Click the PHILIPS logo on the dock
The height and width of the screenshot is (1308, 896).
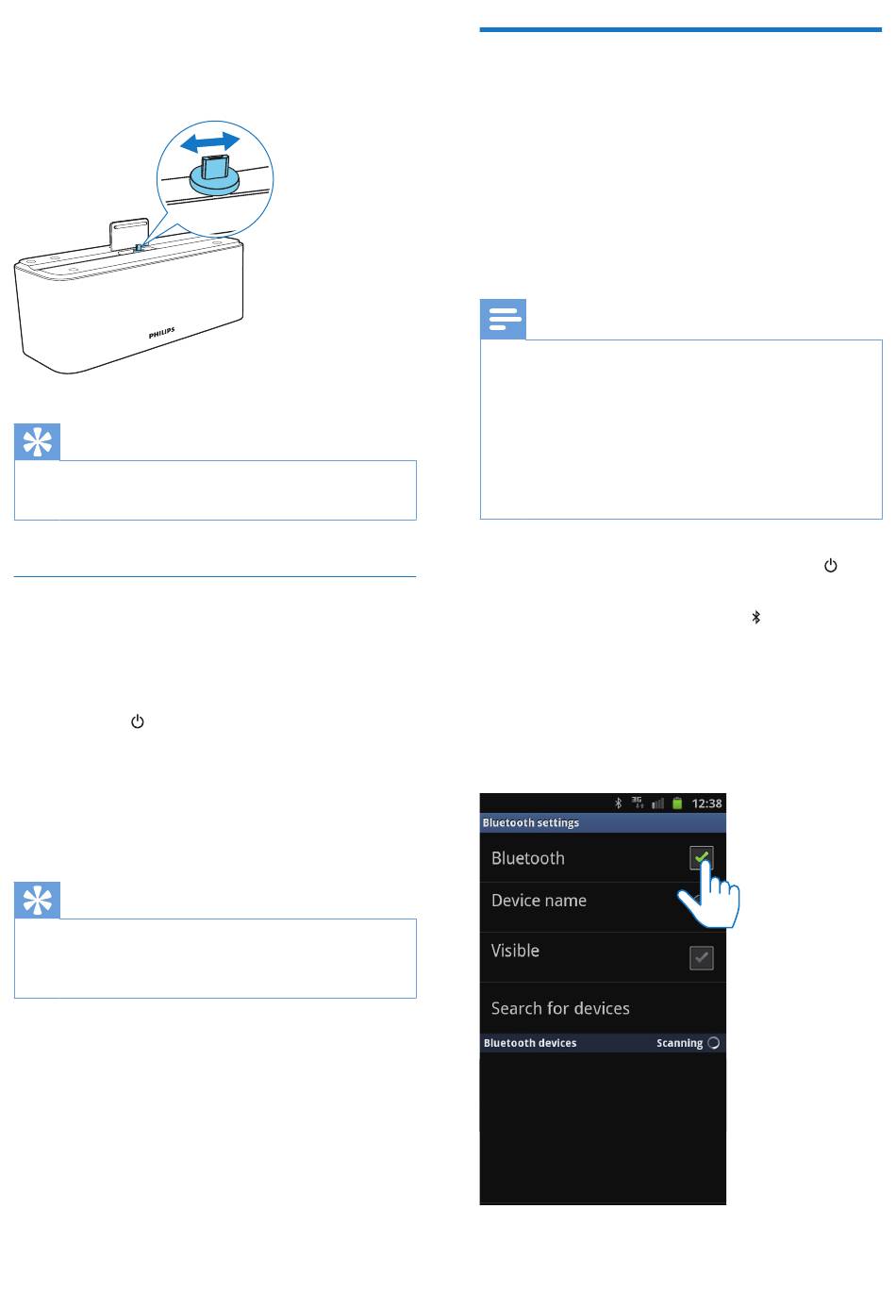pos(162,333)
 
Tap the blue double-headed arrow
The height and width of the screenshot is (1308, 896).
pos(209,141)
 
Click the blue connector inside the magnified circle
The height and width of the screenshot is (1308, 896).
pos(214,174)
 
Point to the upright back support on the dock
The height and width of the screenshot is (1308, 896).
pos(128,235)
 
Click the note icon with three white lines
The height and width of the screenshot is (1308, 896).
pos(503,319)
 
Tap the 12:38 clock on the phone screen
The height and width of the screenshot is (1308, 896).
pos(706,803)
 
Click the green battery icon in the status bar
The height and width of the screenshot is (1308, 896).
pos(677,803)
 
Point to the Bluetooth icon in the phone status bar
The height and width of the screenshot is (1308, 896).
pos(619,803)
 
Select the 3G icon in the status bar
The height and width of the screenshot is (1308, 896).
pos(638,803)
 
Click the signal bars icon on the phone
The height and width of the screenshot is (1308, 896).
pos(657,804)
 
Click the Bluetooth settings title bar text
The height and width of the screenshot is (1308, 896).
pos(530,822)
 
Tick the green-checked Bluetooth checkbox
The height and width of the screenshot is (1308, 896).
pos(702,858)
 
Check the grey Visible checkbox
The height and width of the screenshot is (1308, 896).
pos(702,957)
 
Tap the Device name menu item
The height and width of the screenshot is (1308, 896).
pos(539,901)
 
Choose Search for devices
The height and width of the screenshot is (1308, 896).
pos(560,1008)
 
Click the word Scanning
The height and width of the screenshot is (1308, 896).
pos(679,1043)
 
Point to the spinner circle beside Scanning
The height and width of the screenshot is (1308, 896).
pos(713,1043)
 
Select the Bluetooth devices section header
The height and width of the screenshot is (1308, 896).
pos(530,1043)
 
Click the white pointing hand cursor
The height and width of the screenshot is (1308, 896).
pos(709,893)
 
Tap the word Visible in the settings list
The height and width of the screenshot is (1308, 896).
pos(515,951)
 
